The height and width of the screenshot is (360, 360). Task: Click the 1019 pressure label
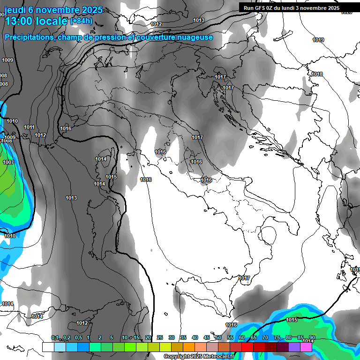tap(318, 40)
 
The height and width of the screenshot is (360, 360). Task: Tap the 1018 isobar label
tap(317, 75)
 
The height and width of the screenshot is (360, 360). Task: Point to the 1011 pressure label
tap(29, 127)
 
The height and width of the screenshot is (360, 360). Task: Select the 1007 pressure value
tap(8, 162)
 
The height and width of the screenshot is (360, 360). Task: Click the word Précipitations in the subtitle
tap(29, 37)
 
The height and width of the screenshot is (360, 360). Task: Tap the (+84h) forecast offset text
tap(81, 21)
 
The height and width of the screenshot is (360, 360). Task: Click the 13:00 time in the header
tap(19, 21)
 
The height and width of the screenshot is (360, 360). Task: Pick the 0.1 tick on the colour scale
tap(55, 338)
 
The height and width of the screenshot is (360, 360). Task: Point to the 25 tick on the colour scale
tap(160, 338)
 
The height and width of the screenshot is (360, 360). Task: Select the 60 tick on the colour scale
tap(242, 338)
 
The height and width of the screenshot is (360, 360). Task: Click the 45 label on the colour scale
tap(207, 338)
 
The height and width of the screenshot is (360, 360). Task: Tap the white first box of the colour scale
tap(48, 347)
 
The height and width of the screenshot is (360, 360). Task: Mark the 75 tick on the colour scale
tap(277, 338)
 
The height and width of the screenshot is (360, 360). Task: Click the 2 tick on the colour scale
tap(100, 338)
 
